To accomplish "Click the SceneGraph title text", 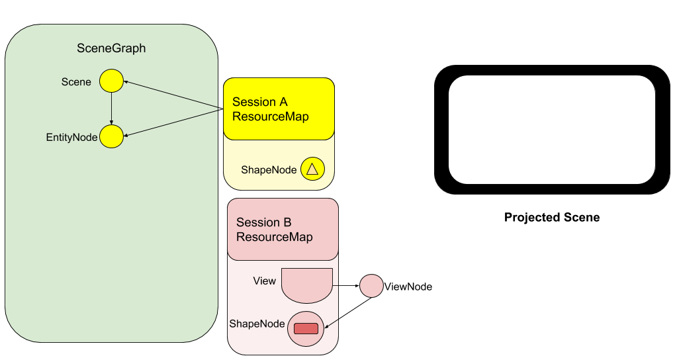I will (x=111, y=48).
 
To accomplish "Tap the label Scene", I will (x=76, y=82).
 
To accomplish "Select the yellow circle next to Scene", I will (x=111, y=81).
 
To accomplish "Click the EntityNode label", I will (x=71, y=138).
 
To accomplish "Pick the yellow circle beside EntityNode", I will (x=111, y=137).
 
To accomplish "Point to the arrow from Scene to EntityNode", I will (x=111, y=109).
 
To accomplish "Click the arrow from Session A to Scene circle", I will (x=172, y=95).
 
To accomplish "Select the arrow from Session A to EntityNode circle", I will (x=172, y=123).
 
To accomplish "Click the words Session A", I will (x=260, y=102).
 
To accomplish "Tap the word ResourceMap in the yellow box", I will (x=270, y=116).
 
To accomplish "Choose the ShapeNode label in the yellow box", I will (x=268, y=170).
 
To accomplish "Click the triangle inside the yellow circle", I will (x=312, y=170).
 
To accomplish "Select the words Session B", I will (x=263, y=222).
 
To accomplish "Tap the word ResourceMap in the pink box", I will (x=274, y=237).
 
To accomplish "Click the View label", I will (x=264, y=281).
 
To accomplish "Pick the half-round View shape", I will (x=306, y=283).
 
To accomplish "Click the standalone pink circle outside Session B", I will (x=371, y=286).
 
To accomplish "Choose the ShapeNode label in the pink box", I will (x=257, y=324).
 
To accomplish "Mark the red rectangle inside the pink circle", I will (x=306, y=328).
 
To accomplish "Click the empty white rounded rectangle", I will (x=551, y=129).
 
